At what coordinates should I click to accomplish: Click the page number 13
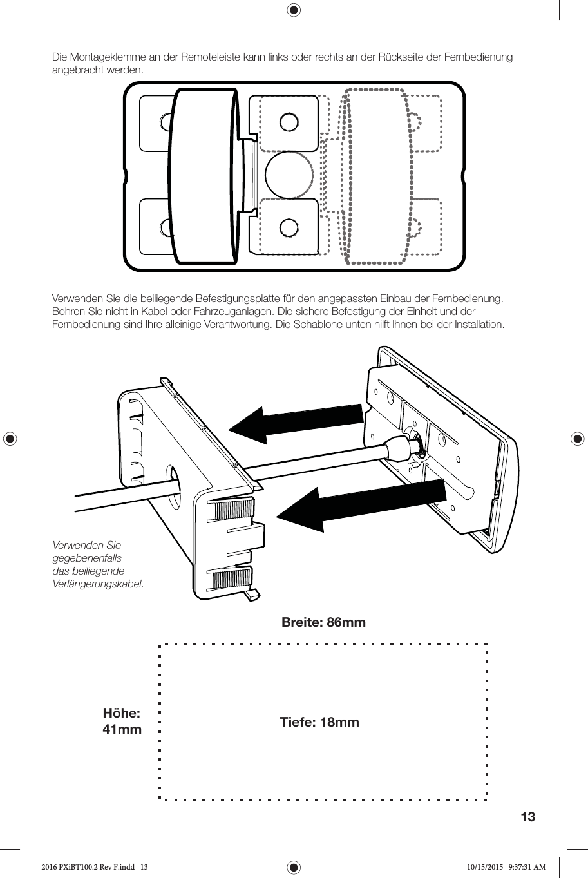(x=527, y=817)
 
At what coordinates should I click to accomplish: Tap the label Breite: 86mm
(x=323, y=622)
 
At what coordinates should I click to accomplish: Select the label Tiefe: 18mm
(x=319, y=722)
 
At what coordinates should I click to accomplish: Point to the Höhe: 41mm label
(x=122, y=721)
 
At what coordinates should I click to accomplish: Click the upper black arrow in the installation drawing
(x=296, y=423)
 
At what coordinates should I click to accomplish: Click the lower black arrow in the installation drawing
(x=361, y=505)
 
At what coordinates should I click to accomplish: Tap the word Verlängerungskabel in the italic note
(x=98, y=584)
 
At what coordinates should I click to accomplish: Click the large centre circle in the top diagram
(x=289, y=175)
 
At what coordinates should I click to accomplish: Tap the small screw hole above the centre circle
(x=289, y=122)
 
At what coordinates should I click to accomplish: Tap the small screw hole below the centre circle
(x=289, y=227)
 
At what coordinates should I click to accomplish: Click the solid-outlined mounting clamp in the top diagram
(x=205, y=176)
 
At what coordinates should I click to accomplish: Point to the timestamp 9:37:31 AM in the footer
(x=527, y=867)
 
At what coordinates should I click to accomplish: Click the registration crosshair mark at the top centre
(x=294, y=10)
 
